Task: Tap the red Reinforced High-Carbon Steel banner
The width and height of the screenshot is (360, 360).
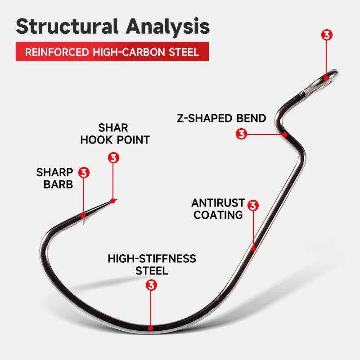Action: pos(112,52)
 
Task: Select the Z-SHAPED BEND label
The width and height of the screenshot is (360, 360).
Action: pos(221,118)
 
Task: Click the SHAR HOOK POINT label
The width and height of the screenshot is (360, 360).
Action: pos(115,134)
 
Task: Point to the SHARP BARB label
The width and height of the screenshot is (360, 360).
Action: pos(55,178)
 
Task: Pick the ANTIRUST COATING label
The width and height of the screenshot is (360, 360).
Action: pos(218,209)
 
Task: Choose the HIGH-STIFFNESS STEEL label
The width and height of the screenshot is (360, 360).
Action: pos(152,265)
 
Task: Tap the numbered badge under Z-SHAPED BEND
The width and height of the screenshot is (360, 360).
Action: pos(242,134)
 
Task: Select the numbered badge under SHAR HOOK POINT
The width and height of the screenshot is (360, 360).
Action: pos(113,158)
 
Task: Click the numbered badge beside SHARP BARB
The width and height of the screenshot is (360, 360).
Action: pos(84,172)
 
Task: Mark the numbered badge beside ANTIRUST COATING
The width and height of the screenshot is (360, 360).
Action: pos(253,206)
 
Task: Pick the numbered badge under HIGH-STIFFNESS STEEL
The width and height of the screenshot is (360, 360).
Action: pos(152,285)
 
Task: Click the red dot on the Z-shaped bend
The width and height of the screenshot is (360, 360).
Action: pos(284,134)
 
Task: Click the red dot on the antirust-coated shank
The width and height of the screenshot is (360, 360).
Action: pos(253,248)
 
